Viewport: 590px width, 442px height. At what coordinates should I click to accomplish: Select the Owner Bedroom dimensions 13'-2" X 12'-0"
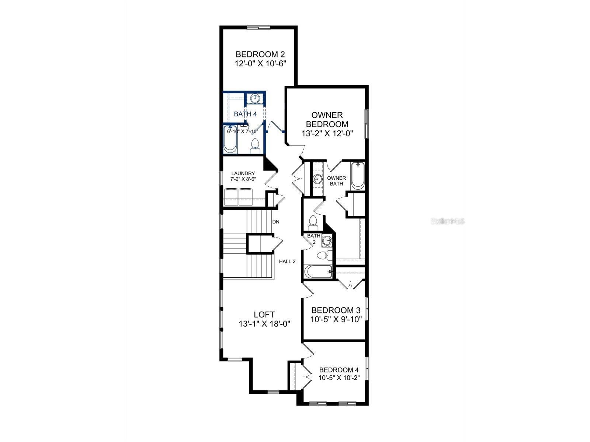(x=327, y=134)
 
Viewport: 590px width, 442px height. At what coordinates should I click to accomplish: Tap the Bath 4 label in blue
(x=245, y=114)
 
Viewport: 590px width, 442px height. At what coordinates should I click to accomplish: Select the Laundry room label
(x=243, y=173)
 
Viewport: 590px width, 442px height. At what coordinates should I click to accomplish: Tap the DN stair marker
(x=276, y=222)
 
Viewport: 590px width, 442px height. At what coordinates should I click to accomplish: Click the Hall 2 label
(x=287, y=262)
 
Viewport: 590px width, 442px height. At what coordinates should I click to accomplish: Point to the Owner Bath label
(x=336, y=180)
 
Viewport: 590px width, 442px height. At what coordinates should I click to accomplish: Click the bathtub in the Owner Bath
(x=357, y=176)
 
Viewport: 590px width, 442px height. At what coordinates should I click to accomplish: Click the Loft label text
(x=264, y=315)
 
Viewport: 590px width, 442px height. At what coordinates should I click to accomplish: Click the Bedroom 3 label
(x=336, y=310)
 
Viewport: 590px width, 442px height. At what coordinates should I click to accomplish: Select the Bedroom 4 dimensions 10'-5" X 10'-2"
(x=339, y=378)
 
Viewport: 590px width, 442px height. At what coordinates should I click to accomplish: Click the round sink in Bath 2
(x=327, y=241)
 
